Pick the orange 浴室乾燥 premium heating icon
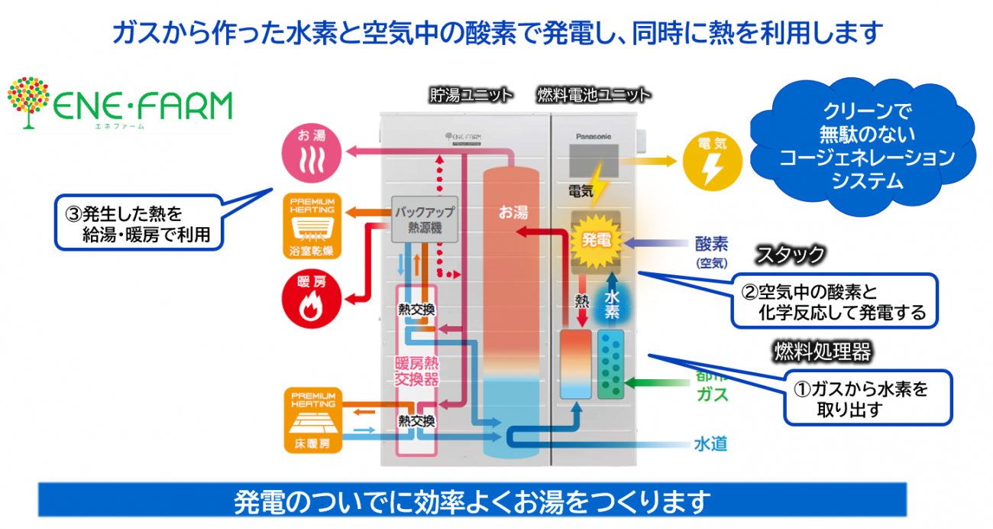[x=312, y=226]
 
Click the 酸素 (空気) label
[x=711, y=251]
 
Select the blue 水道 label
[x=710, y=443]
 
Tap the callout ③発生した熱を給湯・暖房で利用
[x=141, y=223]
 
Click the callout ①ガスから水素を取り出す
[x=868, y=398]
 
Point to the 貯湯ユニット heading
[x=471, y=95]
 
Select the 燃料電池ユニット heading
[x=594, y=95]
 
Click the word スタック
[x=791, y=255]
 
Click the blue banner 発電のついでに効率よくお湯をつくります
[x=472, y=501]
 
